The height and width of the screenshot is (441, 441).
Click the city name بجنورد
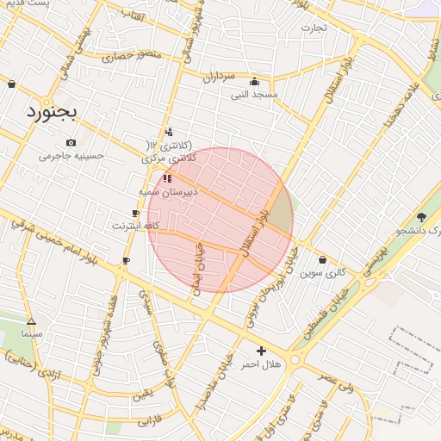coord(51,112)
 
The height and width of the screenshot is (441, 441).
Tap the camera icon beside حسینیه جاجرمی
coord(71,143)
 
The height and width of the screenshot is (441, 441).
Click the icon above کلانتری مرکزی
coord(168,132)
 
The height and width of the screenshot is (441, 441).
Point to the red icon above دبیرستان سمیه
coord(167,178)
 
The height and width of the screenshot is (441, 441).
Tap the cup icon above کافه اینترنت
coord(135,213)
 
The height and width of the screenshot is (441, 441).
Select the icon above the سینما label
coord(31,321)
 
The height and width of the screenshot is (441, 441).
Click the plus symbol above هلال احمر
coord(261,351)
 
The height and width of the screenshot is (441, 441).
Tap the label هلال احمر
coord(260,364)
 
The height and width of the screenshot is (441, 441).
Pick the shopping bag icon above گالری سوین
coord(322,259)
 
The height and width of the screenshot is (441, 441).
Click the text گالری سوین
coord(322,272)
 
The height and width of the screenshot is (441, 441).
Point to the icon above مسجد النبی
coord(253,82)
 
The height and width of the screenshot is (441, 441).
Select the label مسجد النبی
coord(253,94)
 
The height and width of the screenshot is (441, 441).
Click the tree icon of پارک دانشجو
coord(420,217)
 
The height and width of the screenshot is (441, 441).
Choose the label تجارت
coord(314,27)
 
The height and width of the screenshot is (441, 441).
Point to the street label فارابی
coord(150,422)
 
